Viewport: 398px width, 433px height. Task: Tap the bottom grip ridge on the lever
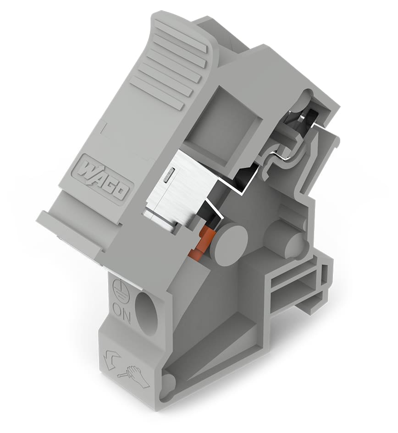pos(156,94)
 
